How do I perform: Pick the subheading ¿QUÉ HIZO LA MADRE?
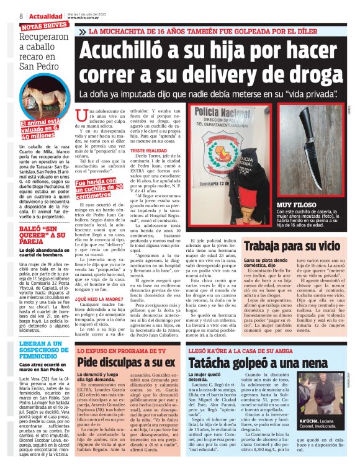click(x=94, y=298)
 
